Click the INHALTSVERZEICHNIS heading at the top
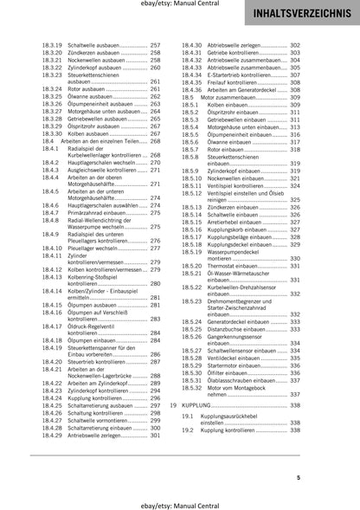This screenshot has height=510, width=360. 301,16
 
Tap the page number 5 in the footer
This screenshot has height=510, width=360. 347,477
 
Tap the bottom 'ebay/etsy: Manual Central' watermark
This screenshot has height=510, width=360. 180,501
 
